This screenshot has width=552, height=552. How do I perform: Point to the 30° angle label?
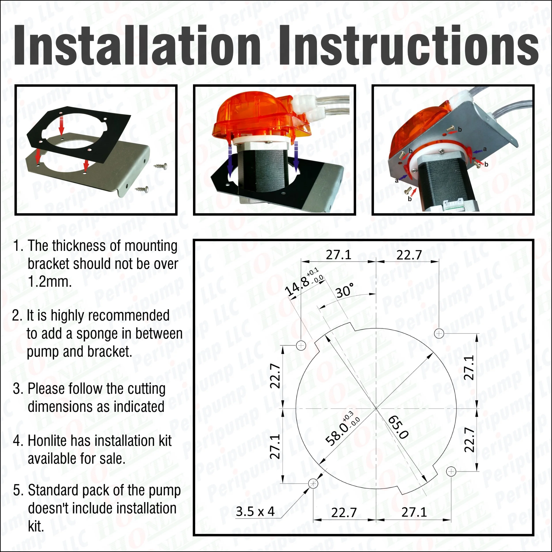(345, 291)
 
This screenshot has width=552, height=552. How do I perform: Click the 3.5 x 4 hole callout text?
(255, 511)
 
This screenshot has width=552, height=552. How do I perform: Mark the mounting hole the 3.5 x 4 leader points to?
(313, 483)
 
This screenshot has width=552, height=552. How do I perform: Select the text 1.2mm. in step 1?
(50, 282)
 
